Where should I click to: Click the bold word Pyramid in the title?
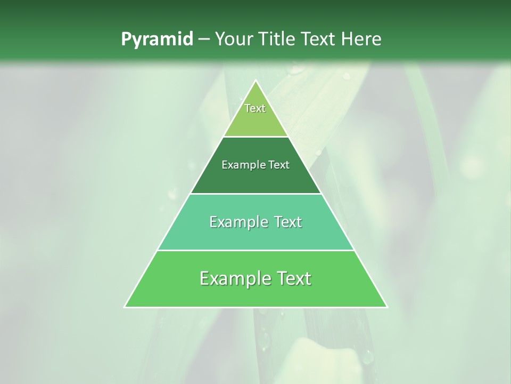pyautogui.click(x=156, y=39)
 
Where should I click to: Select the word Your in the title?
pyautogui.click(x=235, y=39)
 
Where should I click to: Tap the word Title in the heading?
pyautogui.click(x=278, y=39)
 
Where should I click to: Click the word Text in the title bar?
pyautogui.click(x=319, y=39)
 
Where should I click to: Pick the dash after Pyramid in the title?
pyautogui.click(x=204, y=39)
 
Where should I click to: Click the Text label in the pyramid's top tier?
pyautogui.click(x=255, y=108)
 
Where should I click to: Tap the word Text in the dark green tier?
pyautogui.click(x=278, y=165)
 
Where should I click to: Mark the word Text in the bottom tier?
pyautogui.click(x=292, y=278)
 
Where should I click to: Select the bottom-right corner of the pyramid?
pyautogui.click(x=387, y=307)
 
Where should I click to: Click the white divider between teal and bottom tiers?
pyautogui.click(x=256, y=251)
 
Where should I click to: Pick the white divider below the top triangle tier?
pyautogui.click(x=256, y=137)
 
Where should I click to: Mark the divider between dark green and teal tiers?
pyautogui.click(x=256, y=194)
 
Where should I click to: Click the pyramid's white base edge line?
pyautogui.click(x=256, y=308)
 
